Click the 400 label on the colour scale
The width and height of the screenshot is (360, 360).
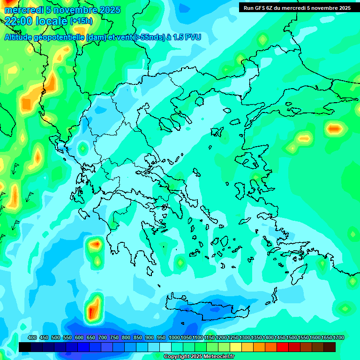coord(32,337)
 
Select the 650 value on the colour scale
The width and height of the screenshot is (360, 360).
coord(91,337)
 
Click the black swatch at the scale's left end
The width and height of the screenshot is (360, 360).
coord(25,347)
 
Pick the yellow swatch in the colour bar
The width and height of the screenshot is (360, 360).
coord(236,347)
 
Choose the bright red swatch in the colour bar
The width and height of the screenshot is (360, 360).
coord(283,347)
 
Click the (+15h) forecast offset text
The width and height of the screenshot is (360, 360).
coord(81,21)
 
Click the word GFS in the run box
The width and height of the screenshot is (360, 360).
coord(259,8)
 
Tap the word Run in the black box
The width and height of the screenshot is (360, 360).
coord(248,8)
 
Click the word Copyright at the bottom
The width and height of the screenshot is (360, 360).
coord(177,357)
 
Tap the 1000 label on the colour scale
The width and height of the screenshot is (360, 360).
coord(174,337)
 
